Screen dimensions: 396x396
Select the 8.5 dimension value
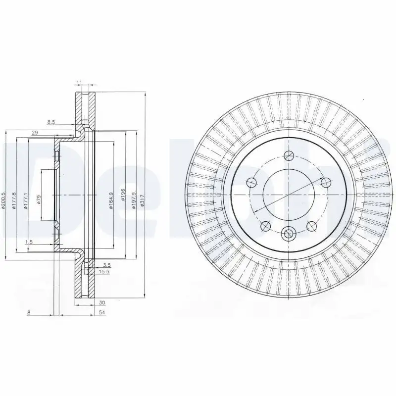click(x=51, y=121)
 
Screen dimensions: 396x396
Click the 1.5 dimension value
click(x=29, y=242)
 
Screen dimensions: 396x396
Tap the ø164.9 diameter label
click(x=111, y=200)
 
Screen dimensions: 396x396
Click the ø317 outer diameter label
click(x=143, y=199)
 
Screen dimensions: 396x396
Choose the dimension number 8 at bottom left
click(x=29, y=312)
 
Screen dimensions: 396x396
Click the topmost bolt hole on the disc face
click(x=289, y=154)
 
